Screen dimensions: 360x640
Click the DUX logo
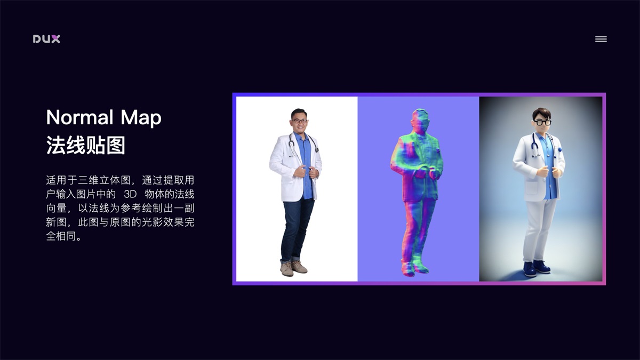coord(46,39)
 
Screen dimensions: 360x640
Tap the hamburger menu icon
coord(601,39)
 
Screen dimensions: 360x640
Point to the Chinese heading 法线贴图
coord(85,145)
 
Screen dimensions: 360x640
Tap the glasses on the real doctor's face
coord(300,121)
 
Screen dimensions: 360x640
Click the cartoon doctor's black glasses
coord(542,122)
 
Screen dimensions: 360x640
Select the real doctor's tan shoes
coord(293,268)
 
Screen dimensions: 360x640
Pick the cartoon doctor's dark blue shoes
coord(535,267)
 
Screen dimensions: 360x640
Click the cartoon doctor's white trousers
coord(540,229)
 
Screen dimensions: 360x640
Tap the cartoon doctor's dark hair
coord(541,113)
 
